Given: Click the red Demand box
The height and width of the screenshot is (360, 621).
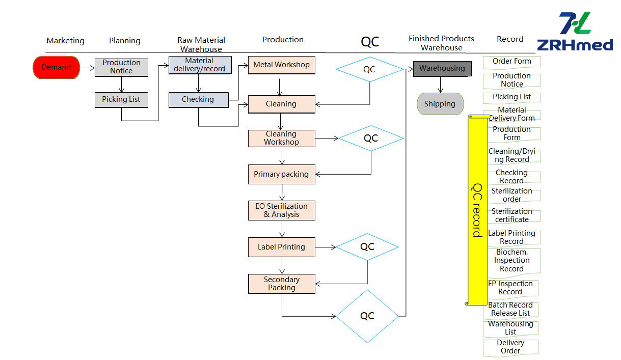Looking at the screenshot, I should coord(56,67).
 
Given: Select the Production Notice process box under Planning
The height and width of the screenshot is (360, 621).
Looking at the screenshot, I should coord(121,67).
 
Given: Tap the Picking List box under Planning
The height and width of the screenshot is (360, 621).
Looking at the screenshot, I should coord(121,99).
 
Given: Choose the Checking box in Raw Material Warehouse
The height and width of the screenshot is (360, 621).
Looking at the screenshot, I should coord(198,99).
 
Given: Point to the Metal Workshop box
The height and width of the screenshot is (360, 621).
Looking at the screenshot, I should coord(281,65).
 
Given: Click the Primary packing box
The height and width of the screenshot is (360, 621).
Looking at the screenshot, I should coord(281,174).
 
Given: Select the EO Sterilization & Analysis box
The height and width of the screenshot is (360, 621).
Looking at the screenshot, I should coord(281,210).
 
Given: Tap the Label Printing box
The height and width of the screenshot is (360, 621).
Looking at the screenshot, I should coord(281,247).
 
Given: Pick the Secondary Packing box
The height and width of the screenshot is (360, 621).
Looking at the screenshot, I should coord(281,284).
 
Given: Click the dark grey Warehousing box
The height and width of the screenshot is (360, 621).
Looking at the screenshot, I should coord(442,68).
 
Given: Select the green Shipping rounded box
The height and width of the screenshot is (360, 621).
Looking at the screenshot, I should coord(440,104).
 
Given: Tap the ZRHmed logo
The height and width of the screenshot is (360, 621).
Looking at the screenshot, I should coord(575,32).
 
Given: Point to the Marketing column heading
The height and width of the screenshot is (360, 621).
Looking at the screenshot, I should coord(65,41).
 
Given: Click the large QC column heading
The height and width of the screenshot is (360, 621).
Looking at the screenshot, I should coord(370,42).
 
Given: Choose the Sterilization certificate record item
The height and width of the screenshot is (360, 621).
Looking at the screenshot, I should coord(511,215).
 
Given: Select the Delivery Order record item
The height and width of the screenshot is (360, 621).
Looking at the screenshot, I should coord(510,347).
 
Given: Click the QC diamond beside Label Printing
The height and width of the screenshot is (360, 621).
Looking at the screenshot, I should coord(367,247).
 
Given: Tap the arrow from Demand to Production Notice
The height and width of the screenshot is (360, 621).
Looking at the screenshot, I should coord(87,67).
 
